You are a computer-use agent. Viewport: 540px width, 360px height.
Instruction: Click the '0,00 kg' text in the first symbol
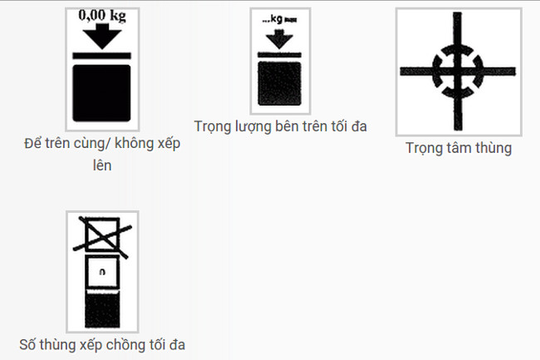coord(102,16)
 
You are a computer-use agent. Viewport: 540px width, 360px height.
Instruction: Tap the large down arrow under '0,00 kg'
coord(102,37)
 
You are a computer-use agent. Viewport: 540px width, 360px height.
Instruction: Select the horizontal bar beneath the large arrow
coord(101,56)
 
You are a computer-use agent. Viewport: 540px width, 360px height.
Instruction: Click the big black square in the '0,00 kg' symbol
coord(101,93)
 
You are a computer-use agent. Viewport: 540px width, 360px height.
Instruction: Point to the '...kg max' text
coord(279,19)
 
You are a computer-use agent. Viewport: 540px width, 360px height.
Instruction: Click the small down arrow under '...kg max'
coord(279,39)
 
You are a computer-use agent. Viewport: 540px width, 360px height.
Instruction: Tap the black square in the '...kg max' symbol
coord(280,83)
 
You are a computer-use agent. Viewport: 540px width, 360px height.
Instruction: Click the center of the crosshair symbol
coord(458,72)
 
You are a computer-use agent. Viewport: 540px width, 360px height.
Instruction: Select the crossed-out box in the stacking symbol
coord(102,236)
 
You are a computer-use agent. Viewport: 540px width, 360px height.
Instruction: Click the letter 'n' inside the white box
coord(102,272)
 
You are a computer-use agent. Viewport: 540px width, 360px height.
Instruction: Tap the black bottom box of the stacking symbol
coord(102,309)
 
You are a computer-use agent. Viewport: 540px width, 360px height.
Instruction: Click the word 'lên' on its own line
coord(102,165)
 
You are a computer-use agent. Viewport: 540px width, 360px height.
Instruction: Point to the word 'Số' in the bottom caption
coord(27,344)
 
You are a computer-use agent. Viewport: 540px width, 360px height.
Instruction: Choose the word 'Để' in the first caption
coord(32,143)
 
